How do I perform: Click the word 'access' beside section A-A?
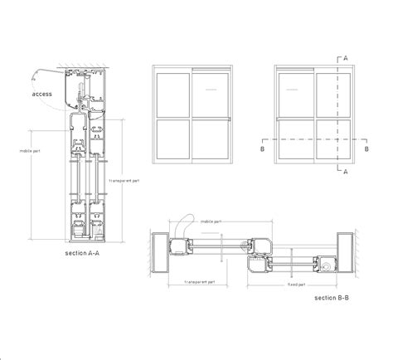(42, 94)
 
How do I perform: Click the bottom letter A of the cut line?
(343, 173)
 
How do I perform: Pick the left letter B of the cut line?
(263, 149)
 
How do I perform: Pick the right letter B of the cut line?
(366, 149)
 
